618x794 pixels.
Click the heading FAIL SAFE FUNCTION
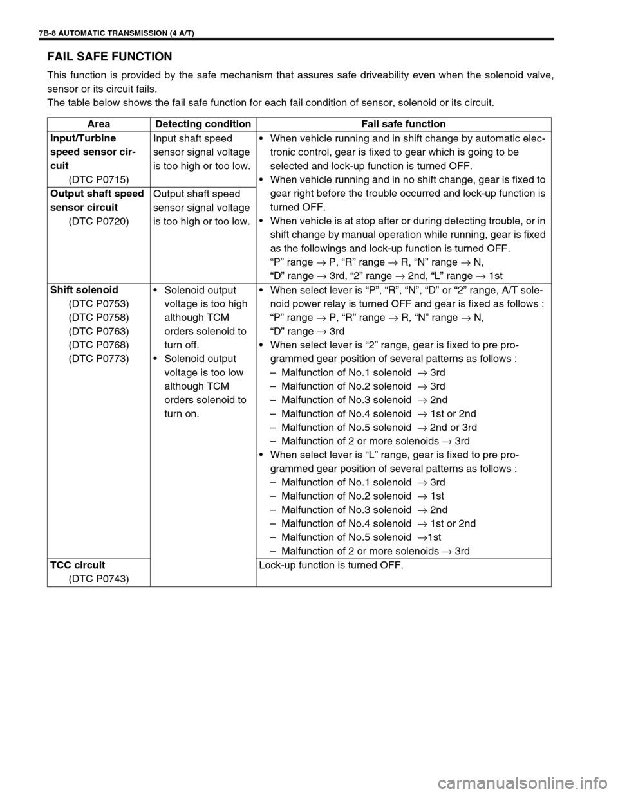110,57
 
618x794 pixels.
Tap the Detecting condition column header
201,124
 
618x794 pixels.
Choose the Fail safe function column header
403,124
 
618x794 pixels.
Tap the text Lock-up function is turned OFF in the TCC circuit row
332,565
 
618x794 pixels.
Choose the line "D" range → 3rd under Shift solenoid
307,331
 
